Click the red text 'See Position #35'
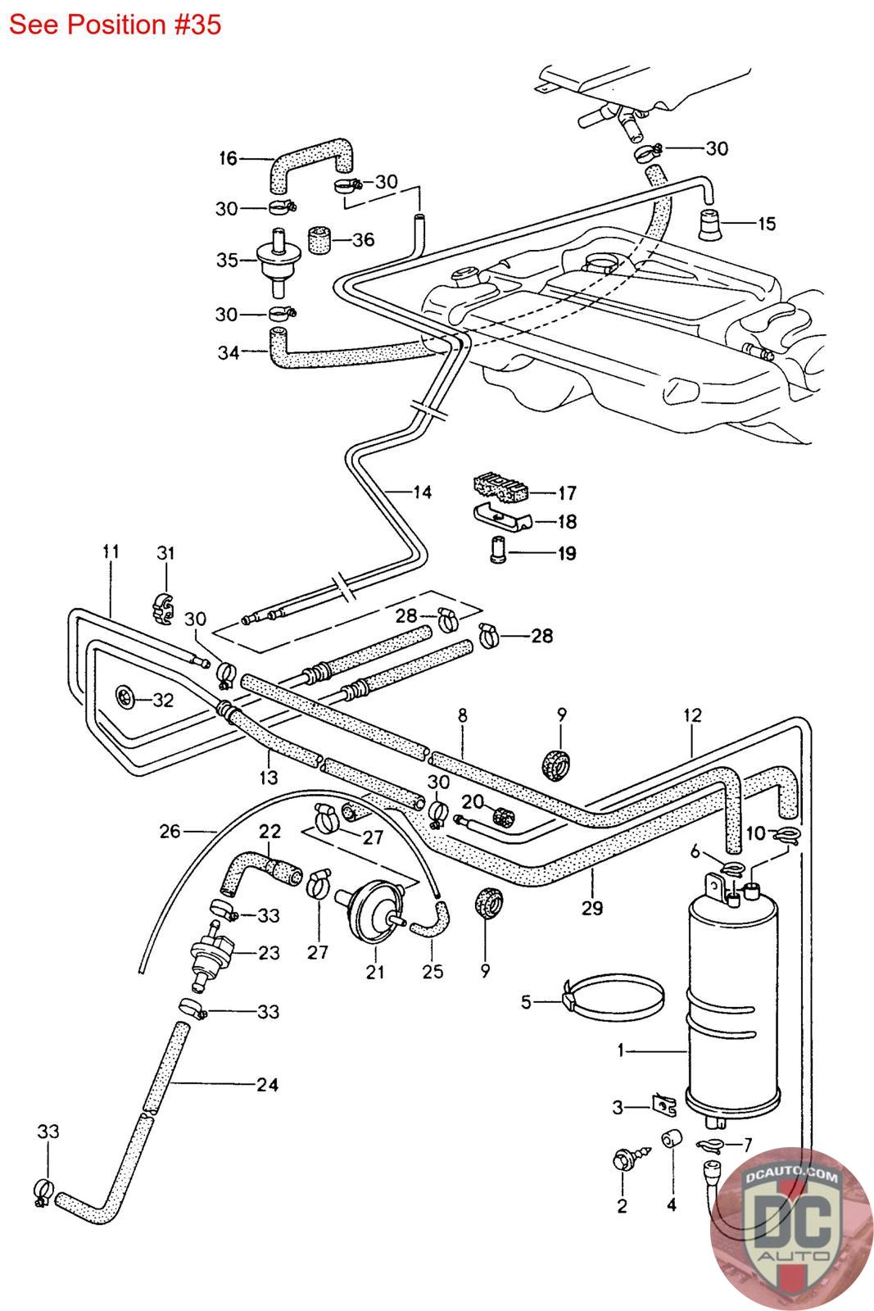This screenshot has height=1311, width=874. (x=115, y=25)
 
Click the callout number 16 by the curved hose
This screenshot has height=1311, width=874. (x=227, y=158)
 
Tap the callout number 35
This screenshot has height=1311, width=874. (x=227, y=261)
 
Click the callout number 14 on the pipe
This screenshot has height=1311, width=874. (x=422, y=492)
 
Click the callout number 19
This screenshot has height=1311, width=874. (x=566, y=553)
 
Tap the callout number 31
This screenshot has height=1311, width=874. (x=165, y=553)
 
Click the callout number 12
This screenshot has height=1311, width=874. (x=692, y=714)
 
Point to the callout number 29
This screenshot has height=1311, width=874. (x=592, y=907)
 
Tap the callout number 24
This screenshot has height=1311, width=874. (x=267, y=1085)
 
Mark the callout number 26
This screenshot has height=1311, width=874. (x=170, y=832)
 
